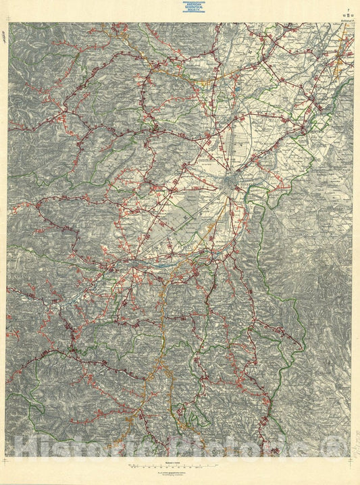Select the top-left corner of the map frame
8,23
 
